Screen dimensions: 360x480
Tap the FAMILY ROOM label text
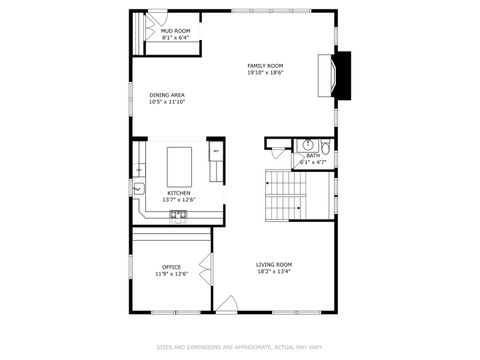point(266,66)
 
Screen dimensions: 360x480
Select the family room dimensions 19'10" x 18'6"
point(266,73)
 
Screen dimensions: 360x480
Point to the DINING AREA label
point(167,95)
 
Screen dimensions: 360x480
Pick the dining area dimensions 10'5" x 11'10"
point(167,102)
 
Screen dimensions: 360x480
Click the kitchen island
point(179,160)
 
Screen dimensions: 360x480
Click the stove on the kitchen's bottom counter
point(177,213)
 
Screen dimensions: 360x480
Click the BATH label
point(313,155)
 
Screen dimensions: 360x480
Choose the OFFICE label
point(171,266)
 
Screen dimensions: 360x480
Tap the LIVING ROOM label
point(273,264)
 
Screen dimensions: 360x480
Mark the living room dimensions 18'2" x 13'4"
point(273,271)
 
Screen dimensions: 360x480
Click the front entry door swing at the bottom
point(227,303)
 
